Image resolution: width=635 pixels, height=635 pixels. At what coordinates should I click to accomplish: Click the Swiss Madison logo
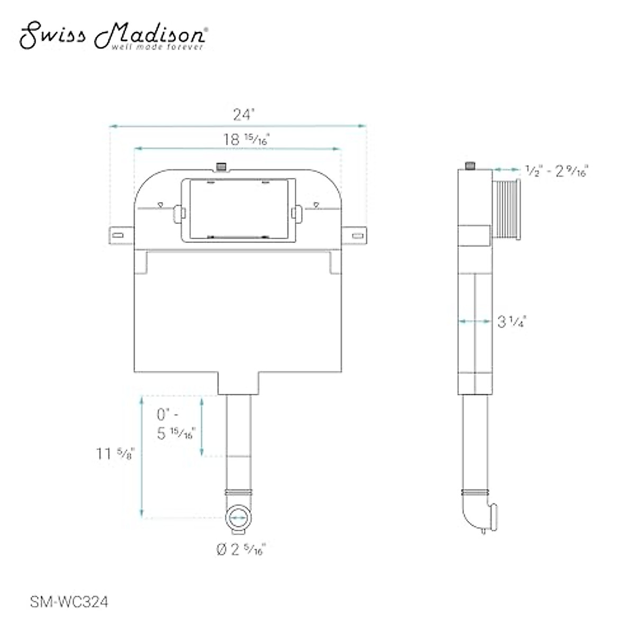[x=114, y=35]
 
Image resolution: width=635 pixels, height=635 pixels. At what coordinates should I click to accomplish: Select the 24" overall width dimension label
[x=244, y=115]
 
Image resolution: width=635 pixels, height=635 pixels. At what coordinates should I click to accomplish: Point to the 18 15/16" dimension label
[x=247, y=139]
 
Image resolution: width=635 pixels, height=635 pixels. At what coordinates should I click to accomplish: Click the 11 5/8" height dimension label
[x=115, y=453]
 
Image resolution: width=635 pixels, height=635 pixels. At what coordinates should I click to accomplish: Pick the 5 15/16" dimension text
[x=176, y=433]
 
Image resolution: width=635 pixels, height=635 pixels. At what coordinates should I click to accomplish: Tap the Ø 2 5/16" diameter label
[x=241, y=549]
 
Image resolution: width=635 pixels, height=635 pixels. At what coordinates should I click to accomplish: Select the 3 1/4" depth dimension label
[x=512, y=321]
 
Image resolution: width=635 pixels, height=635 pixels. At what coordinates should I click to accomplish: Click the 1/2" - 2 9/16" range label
[x=557, y=171]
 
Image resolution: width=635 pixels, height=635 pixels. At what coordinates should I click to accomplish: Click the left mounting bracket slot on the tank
[x=118, y=235]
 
